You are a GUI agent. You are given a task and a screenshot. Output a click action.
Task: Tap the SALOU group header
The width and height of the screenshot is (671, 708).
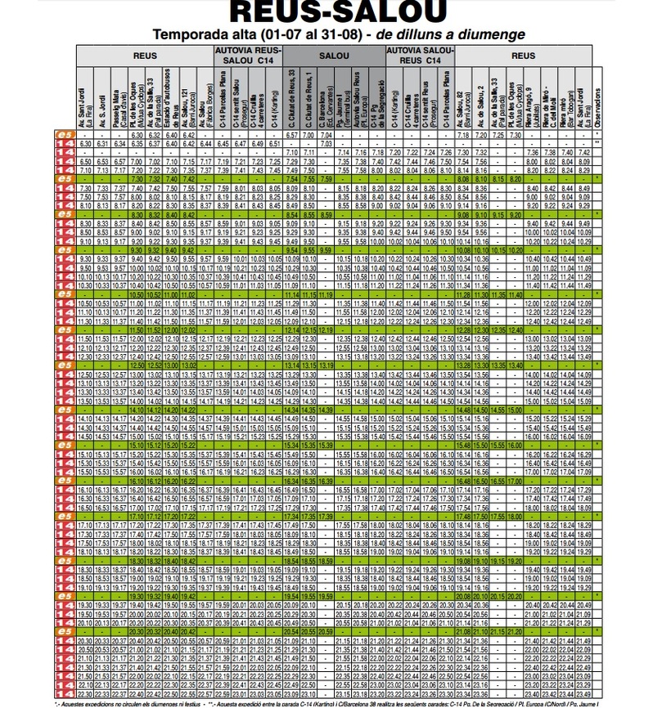coord(333,56)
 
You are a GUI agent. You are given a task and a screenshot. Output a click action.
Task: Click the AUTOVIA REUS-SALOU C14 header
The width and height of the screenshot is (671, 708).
coord(248,56)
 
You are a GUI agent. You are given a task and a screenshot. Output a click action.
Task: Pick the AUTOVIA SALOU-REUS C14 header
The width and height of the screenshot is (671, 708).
coord(419,56)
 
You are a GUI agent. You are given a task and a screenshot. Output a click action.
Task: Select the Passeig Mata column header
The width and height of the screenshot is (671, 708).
coord(119,98)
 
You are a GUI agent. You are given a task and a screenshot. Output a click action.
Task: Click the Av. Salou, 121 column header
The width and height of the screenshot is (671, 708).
coord(188,98)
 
